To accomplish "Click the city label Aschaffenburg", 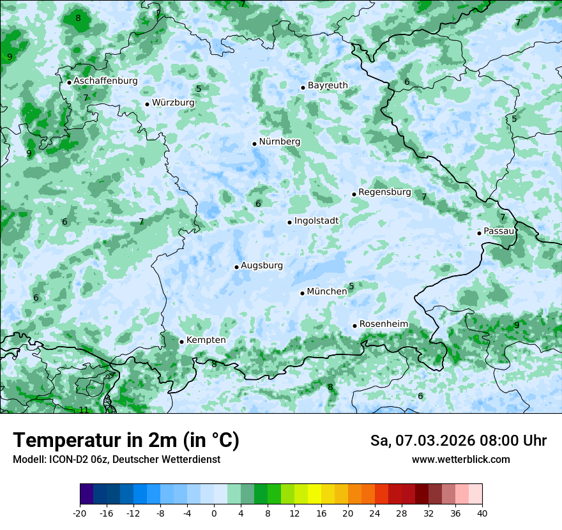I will (105, 81).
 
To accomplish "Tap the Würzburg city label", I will (173, 103).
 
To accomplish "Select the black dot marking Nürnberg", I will (254, 144).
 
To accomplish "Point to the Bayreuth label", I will (328, 86).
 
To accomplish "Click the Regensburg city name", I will (384, 192).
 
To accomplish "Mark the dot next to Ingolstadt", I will (289, 222).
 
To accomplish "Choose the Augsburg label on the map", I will (261, 266).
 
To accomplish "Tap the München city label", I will (327, 292).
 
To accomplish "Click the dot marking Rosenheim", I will (354, 326).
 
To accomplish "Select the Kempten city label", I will (206, 340).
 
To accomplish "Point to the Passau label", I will (499, 231).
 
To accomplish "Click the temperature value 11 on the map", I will (83, 410).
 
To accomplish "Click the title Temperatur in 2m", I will (126, 441).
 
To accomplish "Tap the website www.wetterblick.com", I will (460, 460).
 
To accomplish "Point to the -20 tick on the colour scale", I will (80, 513).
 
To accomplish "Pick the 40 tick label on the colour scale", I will (482, 513).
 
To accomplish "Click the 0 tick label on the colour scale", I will (214, 513).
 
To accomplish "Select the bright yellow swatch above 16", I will (314, 494).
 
